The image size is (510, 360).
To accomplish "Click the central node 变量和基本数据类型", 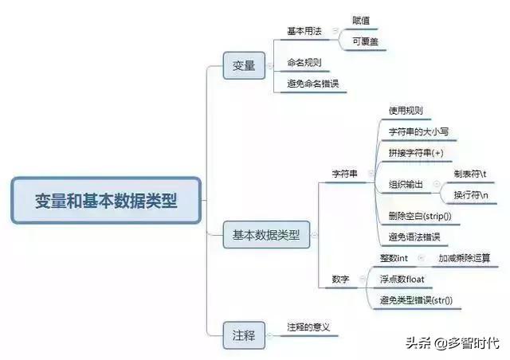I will (x=106, y=200).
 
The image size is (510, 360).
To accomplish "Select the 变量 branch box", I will (x=244, y=66).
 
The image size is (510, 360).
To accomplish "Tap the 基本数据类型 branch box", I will (x=266, y=235).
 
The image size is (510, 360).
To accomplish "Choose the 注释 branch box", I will (x=244, y=334).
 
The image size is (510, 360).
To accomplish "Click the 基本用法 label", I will (x=304, y=30).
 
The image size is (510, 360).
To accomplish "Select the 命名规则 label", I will (x=304, y=61).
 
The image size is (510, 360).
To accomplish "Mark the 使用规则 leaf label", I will (x=406, y=110).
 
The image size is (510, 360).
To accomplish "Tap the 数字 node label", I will (x=340, y=279).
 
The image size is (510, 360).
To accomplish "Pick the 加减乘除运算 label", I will (x=464, y=258).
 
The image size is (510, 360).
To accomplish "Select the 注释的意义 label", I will (x=308, y=327).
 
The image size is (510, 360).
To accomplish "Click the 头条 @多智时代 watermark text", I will (x=452, y=343).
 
